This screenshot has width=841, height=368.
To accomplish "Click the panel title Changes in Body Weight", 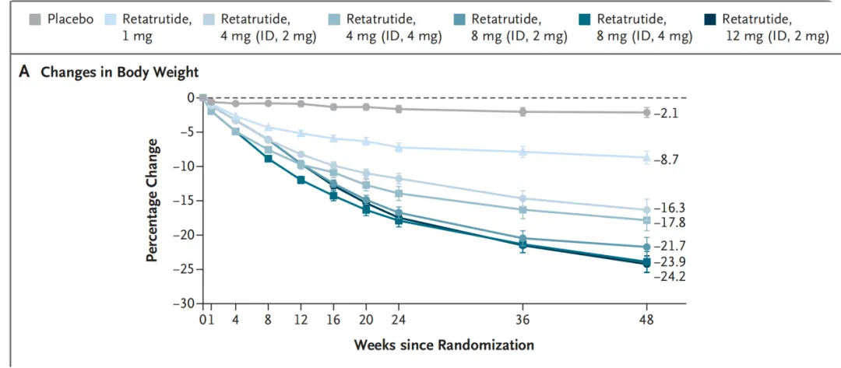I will click(119, 72).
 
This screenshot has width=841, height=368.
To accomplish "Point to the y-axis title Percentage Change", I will click(153, 201).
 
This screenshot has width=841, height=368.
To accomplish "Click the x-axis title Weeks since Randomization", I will click(444, 345).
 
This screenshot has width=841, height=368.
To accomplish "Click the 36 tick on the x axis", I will click(523, 320).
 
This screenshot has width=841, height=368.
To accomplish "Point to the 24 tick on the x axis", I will click(399, 320).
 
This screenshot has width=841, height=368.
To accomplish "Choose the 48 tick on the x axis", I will click(646, 320).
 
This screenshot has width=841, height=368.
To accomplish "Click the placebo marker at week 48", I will click(646, 113).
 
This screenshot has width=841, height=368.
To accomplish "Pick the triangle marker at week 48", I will click(646, 157).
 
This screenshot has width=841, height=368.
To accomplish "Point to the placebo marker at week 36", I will click(523, 112).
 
